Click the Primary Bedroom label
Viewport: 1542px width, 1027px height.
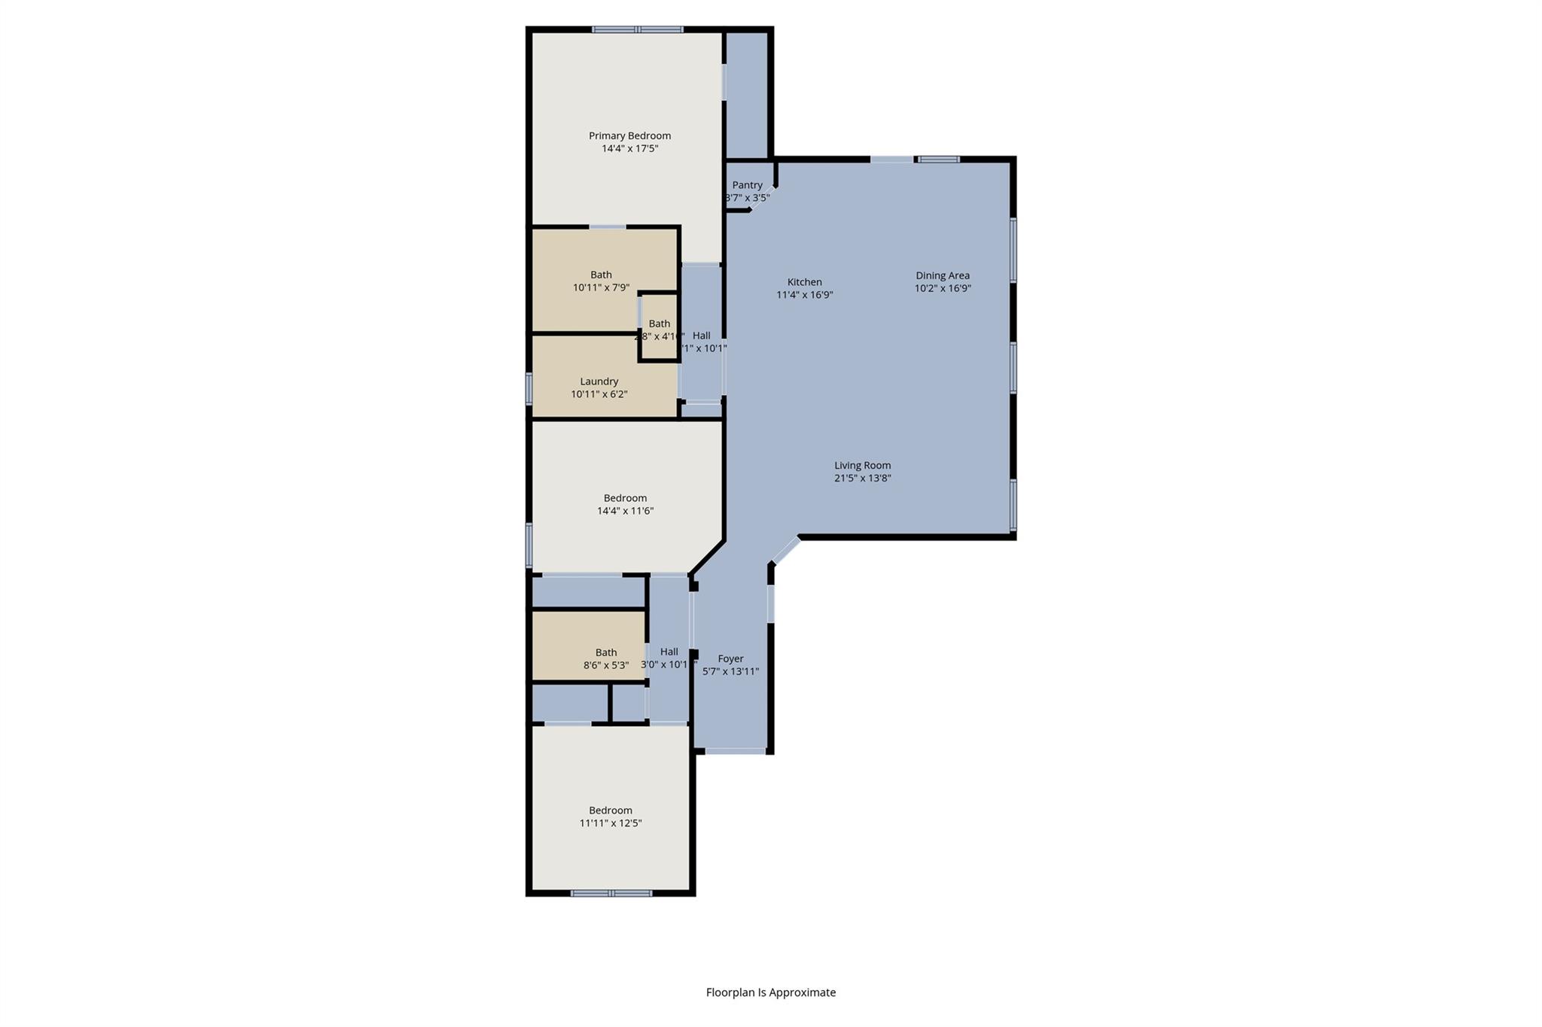[629, 136]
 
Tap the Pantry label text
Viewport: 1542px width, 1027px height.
[747, 185]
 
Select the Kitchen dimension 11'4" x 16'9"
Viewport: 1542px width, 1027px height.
[804, 295]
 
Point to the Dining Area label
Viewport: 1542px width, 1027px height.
[942, 275]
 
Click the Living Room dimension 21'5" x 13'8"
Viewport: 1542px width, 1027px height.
[862, 478]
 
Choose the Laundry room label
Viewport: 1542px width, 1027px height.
[599, 381]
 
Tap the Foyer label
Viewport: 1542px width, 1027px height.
[730, 658]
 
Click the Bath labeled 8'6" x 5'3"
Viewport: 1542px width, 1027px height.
[605, 659]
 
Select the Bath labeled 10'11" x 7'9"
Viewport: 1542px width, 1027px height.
[601, 281]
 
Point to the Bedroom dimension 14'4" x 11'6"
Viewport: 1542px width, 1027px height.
[625, 511]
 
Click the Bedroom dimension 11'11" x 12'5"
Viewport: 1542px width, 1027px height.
[610, 823]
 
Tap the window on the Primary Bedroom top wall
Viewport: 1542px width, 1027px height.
[637, 30]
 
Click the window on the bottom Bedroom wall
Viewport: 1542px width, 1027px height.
[611, 893]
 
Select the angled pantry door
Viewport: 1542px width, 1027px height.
[761, 197]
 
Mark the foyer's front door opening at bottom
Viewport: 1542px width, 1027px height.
[735, 750]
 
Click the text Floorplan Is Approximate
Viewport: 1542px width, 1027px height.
[770, 992]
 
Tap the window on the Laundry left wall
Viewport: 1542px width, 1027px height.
[529, 389]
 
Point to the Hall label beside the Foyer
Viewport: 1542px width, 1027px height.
[669, 652]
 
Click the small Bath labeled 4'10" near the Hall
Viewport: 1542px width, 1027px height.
[659, 330]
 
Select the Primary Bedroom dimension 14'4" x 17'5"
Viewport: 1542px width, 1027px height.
[629, 149]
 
